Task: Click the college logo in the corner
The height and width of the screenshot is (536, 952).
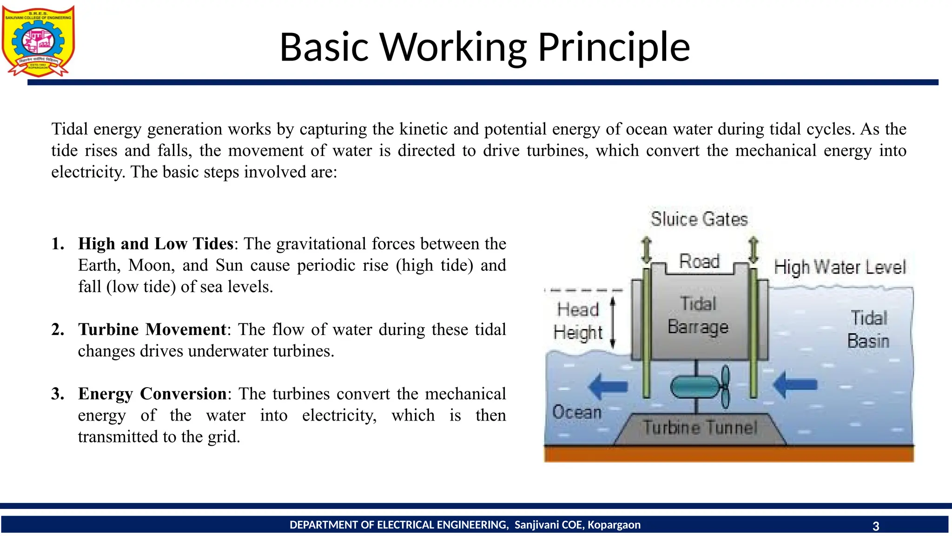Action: [38, 41]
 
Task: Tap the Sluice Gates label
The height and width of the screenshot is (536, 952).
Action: [699, 219]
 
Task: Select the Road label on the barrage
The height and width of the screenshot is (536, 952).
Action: [699, 261]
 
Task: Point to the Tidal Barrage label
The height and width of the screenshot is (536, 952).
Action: [698, 315]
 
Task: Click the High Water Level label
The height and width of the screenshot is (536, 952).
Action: [840, 268]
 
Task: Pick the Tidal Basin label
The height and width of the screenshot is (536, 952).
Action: [868, 329]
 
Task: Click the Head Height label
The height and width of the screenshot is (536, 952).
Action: [578, 321]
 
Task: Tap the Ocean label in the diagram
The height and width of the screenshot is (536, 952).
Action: [577, 412]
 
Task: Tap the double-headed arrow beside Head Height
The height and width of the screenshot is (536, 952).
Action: [613, 322]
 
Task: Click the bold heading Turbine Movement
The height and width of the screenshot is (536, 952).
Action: [152, 329]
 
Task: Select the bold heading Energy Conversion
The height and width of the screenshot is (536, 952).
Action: [152, 394]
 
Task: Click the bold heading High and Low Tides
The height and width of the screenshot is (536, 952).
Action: [156, 244]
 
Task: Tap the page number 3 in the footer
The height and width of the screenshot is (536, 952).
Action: [876, 526]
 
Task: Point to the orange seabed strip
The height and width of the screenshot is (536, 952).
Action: [728, 454]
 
